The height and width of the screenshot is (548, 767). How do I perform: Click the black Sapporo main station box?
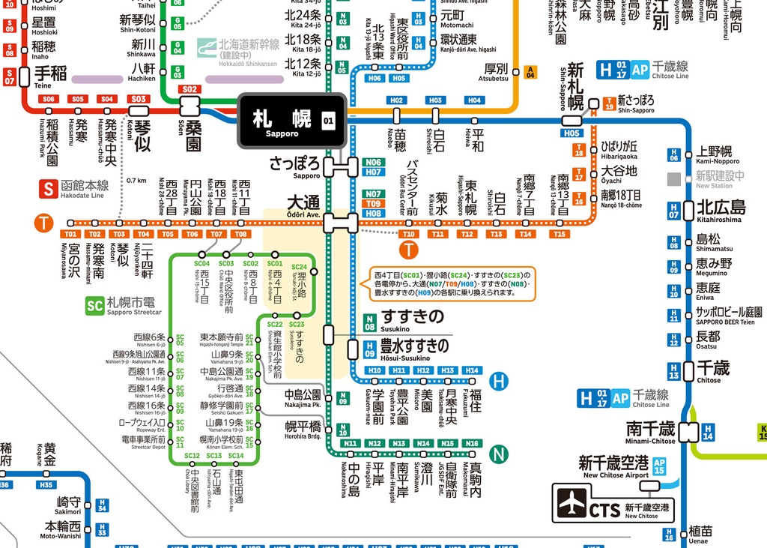(x=291, y=121)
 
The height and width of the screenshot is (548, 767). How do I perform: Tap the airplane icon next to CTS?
(x=572, y=504)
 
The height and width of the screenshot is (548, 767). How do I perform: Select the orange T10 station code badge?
(x=408, y=235)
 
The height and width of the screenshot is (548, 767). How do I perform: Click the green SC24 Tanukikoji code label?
(x=299, y=267)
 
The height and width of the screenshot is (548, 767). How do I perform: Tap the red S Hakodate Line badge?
(x=49, y=188)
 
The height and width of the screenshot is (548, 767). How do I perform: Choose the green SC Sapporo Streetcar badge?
(x=94, y=306)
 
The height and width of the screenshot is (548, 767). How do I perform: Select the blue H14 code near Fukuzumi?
(x=471, y=370)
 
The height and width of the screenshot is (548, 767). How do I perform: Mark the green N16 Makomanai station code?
(x=471, y=443)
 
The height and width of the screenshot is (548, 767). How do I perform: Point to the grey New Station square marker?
(x=676, y=178)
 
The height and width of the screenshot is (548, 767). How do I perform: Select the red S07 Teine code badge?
(x=10, y=77)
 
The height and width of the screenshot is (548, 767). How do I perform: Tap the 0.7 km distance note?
(x=136, y=180)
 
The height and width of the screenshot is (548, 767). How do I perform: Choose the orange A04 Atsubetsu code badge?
(x=530, y=72)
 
